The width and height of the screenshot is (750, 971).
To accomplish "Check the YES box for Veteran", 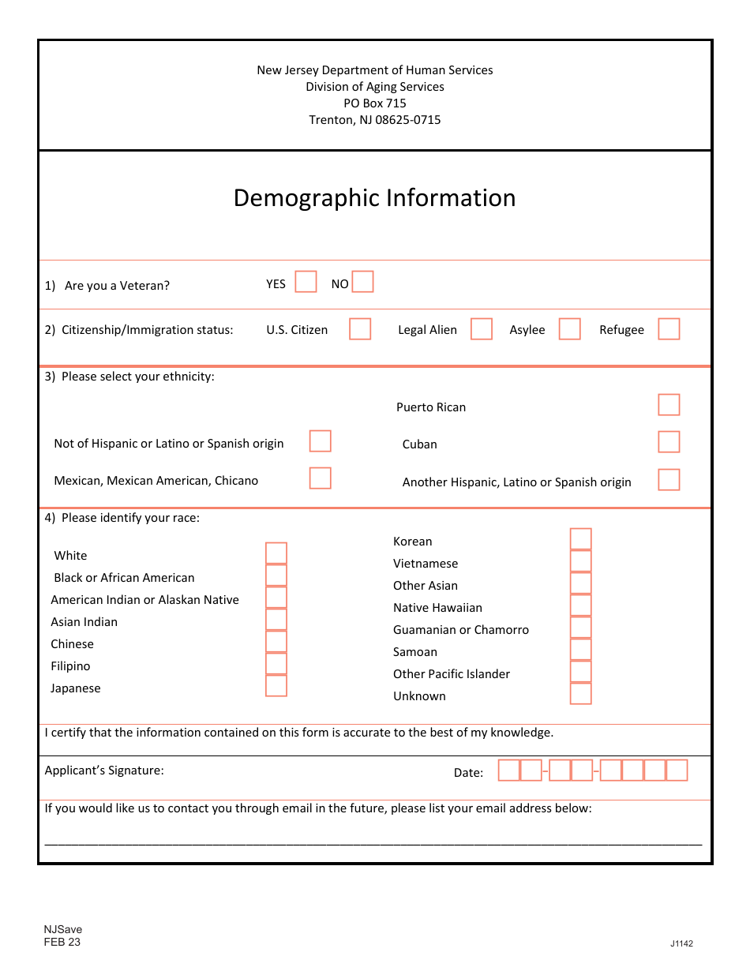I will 306,282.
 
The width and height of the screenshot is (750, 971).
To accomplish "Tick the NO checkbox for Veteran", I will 362,282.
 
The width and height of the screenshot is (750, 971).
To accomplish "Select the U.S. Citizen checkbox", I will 360,329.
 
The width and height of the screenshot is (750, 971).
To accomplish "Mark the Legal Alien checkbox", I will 482,329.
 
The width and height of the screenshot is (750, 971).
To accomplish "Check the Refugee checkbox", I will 669,329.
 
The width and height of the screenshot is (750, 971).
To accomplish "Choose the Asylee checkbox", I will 569,329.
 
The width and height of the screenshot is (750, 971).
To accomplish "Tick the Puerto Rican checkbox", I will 669,405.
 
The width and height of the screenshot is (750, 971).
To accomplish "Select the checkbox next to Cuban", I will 669,442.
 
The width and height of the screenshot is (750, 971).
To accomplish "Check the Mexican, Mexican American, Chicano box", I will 320,478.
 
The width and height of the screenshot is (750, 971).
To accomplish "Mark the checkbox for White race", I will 276,553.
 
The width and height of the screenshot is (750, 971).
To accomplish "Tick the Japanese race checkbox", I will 276,686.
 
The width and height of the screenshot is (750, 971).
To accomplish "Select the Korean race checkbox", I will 580,539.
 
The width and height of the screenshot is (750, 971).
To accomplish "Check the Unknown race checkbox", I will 580,694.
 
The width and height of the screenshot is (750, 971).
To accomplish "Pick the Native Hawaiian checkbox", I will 580,605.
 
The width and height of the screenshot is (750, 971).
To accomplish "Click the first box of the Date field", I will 509,770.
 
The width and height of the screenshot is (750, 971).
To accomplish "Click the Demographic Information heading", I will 374,198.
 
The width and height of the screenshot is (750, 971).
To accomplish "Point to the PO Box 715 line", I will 374,103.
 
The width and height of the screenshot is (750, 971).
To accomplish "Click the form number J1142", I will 681,943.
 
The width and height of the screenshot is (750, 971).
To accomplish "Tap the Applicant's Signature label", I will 104,770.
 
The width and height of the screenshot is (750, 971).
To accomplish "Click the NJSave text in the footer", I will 63,929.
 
